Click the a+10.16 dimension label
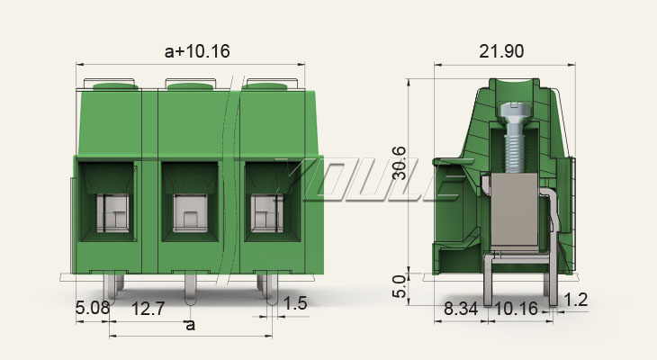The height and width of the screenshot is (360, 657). click(197, 51)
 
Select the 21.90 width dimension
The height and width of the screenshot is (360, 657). click(501, 51)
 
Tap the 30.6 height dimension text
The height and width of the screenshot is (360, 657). click(400, 163)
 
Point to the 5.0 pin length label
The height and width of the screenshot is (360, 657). click(400, 287)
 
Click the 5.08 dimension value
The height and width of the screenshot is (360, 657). click(93, 308)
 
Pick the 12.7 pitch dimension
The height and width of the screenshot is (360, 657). click(148, 309)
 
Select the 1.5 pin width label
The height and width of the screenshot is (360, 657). click(295, 303)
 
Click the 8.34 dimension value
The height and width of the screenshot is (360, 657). click(461, 309)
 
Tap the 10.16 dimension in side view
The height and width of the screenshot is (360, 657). click(517, 309)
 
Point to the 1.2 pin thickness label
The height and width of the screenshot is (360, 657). click(576, 300)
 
